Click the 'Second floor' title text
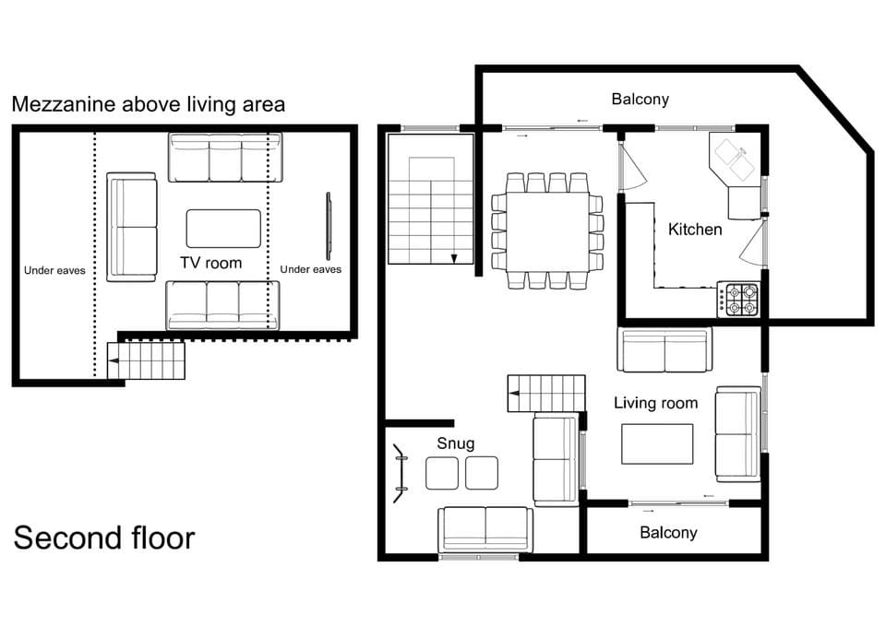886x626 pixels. click(103, 537)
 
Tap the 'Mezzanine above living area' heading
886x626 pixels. click(149, 104)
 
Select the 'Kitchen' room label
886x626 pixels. click(695, 229)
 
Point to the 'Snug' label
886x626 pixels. click(455, 443)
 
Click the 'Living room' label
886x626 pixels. click(655, 403)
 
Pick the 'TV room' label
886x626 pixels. click(210, 263)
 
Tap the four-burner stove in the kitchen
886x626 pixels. click(738, 299)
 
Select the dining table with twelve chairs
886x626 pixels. click(547, 230)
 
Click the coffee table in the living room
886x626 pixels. click(657, 443)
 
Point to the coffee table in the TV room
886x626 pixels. click(223, 228)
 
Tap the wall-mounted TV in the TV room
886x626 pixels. click(328, 226)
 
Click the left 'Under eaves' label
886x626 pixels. click(54, 270)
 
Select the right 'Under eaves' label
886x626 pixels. click(310, 269)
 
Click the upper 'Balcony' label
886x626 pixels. click(640, 99)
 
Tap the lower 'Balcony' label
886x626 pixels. click(668, 532)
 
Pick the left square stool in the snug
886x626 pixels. click(441, 473)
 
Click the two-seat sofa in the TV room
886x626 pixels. click(132, 227)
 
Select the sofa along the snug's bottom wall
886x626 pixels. click(485, 529)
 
